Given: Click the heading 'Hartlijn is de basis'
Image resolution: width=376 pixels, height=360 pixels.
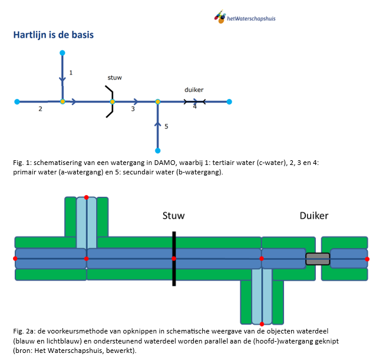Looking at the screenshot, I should (53, 35).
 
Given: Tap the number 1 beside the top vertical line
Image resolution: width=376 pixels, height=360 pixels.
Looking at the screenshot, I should (71, 72).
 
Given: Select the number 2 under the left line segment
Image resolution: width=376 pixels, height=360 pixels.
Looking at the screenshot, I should (40, 109).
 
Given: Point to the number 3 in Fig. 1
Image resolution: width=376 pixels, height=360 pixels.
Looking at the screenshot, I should (133, 109).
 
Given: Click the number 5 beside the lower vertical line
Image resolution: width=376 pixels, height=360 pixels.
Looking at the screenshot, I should (166, 126).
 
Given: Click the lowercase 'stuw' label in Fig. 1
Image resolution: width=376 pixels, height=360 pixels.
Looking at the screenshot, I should (114, 77).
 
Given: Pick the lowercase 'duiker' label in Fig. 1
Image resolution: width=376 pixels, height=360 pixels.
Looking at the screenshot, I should (194, 90).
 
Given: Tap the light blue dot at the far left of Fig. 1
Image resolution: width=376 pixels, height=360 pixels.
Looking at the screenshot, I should (17, 101).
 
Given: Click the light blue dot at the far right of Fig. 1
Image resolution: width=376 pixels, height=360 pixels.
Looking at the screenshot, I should (229, 101).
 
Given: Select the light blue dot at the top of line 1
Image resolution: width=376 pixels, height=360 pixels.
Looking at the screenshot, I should (62, 53).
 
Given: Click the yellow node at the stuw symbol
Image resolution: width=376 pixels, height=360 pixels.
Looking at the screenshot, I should (112, 101).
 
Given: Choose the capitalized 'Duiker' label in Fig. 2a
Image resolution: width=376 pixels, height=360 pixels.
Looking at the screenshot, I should (314, 216).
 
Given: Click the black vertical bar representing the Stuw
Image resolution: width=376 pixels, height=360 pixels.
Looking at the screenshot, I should (174, 259).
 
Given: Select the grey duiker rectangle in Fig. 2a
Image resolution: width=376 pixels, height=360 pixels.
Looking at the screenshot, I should (318, 258).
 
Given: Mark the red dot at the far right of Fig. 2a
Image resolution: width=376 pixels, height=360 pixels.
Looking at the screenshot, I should (368, 258).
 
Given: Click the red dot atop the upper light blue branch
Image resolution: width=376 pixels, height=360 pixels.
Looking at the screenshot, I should (87, 197).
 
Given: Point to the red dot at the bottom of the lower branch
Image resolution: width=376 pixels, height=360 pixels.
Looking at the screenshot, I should (262, 323).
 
